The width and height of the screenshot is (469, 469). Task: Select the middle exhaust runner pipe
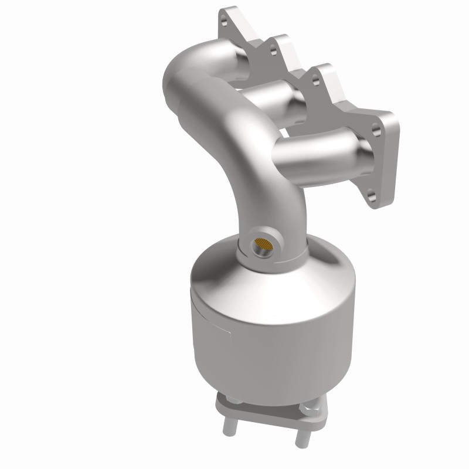point(276,97)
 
